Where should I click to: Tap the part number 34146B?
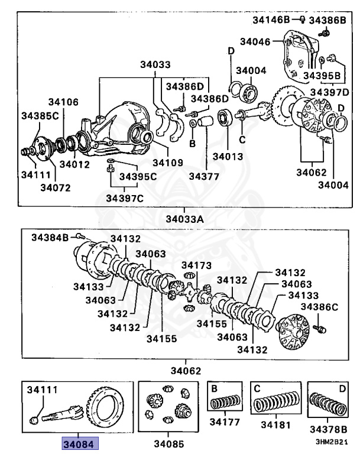271,20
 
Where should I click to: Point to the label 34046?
256,41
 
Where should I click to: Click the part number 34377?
205,176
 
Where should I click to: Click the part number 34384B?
50,237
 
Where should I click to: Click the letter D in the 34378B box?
342,388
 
